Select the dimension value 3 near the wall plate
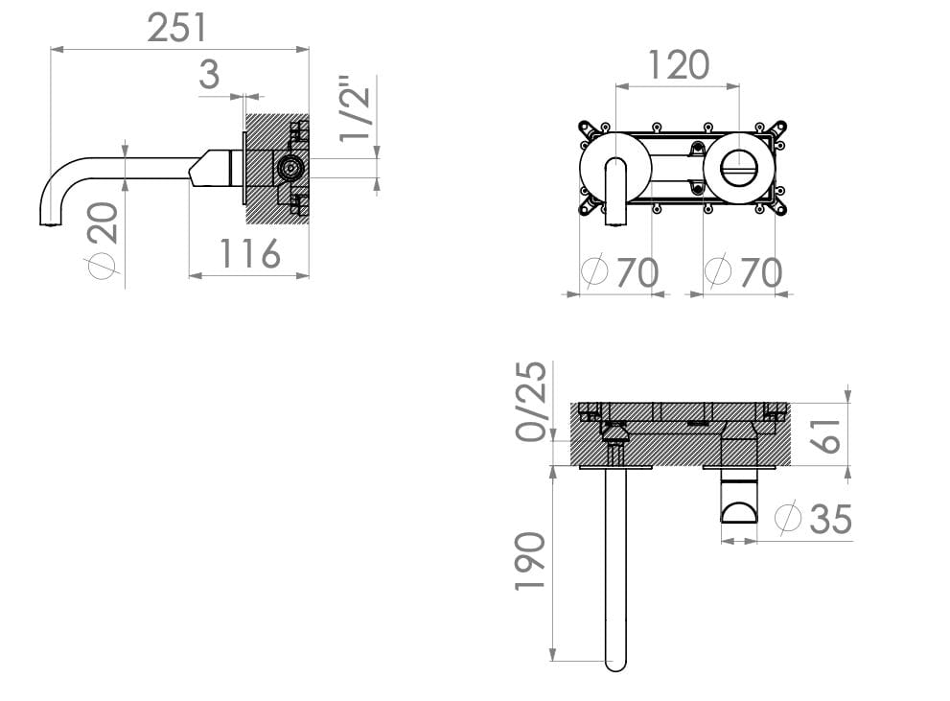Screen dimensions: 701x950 [209, 74]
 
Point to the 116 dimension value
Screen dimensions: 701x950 [250, 254]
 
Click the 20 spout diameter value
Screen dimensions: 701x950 [105, 222]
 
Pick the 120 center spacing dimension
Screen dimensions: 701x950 [678, 65]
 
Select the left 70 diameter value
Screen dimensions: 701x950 [637, 273]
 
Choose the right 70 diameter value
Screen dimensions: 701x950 [760, 273]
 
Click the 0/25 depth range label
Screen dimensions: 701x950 [533, 401]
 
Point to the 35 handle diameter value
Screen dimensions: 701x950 [829, 519]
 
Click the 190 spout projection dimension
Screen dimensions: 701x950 [530, 562]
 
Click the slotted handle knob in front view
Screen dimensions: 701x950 [738, 169]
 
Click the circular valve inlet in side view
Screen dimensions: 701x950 [287, 169]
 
